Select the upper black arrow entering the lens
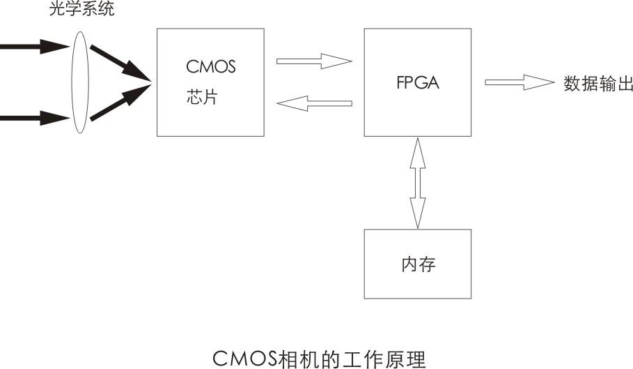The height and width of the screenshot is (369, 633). point(31,47)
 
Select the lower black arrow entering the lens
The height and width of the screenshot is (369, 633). point(31,117)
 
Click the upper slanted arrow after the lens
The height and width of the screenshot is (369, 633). point(119,64)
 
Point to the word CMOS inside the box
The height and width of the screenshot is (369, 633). point(211,68)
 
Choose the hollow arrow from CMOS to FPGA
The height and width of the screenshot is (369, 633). point(314,61)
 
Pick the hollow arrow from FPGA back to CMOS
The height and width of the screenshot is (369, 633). point(314,104)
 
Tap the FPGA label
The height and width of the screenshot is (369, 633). point(417,82)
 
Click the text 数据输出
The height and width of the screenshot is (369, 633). point(598,84)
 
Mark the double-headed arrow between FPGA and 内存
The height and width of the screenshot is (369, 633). point(418,183)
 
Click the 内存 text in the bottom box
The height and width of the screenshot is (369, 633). point(419,265)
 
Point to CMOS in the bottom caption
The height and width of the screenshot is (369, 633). point(244,358)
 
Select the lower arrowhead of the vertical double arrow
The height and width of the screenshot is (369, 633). point(418,218)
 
